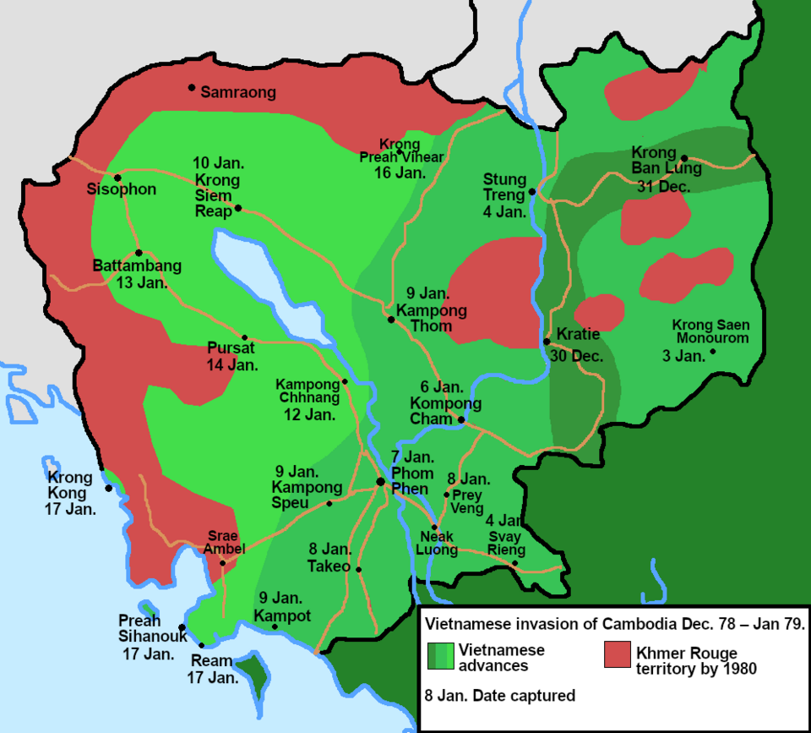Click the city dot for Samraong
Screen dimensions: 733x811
pyautogui.click(x=192, y=87)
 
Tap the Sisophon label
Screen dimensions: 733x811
pyautogui.click(x=122, y=189)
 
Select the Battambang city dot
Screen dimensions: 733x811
pyautogui.click(x=139, y=252)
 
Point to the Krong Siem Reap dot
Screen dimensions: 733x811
pyautogui.click(x=238, y=208)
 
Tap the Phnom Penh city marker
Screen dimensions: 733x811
pyautogui.click(x=380, y=481)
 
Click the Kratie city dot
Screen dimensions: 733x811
pyautogui.click(x=547, y=342)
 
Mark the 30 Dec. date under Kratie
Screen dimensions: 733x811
pyautogui.click(x=576, y=356)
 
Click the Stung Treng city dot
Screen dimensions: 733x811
pyautogui.click(x=532, y=192)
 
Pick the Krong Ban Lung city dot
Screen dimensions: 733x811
pyautogui.click(x=684, y=158)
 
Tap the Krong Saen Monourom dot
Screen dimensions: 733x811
pyautogui.click(x=713, y=352)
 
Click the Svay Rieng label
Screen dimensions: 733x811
pyautogui.click(x=507, y=543)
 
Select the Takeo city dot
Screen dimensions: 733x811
pyautogui.click(x=359, y=569)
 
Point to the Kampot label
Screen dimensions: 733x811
pyautogui.click(x=282, y=615)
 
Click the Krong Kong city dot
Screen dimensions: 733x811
pyautogui.click(x=108, y=488)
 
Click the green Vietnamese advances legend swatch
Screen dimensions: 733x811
pyautogui.click(x=439, y=656)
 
